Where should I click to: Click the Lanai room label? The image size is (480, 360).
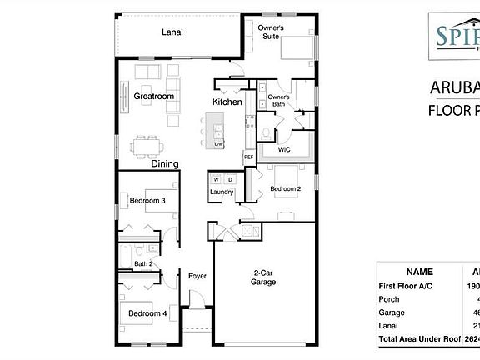click(172, 32)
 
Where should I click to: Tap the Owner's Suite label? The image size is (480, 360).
click(276, 32)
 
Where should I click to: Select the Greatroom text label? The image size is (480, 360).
click(154, 97)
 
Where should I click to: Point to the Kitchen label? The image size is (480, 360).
click(227, 102)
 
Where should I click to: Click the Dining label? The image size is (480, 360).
click(165, 164)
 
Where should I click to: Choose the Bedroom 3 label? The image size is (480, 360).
click(147, 201)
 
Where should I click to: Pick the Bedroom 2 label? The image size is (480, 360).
click(285, 189)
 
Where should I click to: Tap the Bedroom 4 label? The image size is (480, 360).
click(147, 313)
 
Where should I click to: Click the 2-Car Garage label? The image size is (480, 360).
click(263, 277)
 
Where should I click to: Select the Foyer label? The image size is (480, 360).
click(197, 275)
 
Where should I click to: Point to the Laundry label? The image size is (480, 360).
click(222, 192)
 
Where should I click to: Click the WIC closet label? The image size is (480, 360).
click(284, 151)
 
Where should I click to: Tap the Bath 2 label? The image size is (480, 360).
click(143, 264)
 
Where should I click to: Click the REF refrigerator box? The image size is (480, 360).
click(248, 157)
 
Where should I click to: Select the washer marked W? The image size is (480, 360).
click(216, 179)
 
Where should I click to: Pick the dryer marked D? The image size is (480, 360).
click(229, 179)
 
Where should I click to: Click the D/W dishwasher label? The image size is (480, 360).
click(218, 144)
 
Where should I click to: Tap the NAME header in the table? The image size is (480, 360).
click(419, 272)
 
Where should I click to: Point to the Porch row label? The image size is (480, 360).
click(389, 298)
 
